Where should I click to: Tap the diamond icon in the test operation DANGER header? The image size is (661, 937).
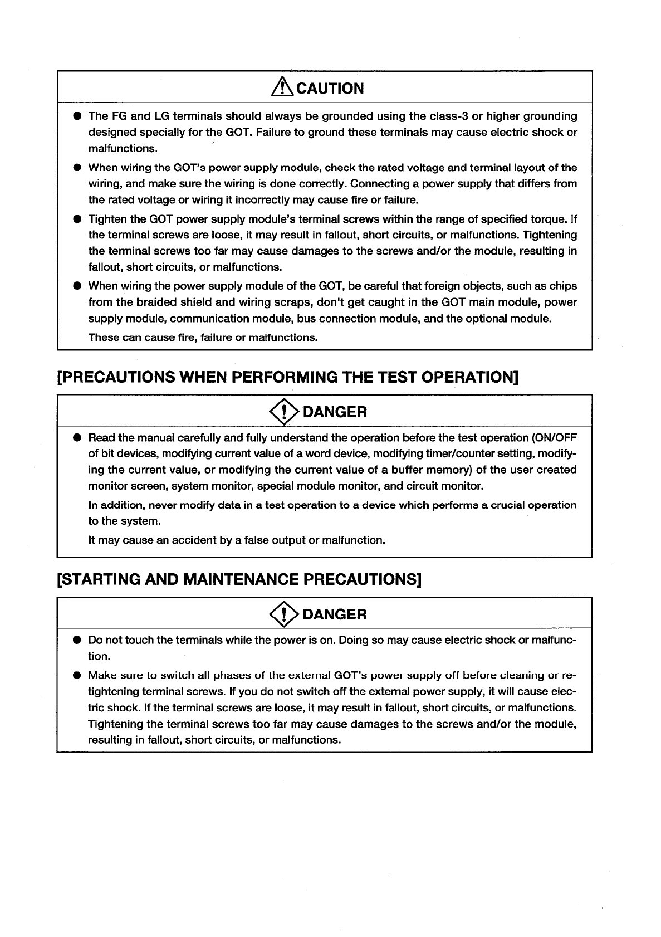tap(283, 412)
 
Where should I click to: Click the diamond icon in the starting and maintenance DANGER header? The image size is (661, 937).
tap(283, 614)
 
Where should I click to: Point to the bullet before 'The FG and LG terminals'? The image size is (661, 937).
tap(77, 116)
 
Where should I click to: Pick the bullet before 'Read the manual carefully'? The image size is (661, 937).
tap(77, 437)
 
